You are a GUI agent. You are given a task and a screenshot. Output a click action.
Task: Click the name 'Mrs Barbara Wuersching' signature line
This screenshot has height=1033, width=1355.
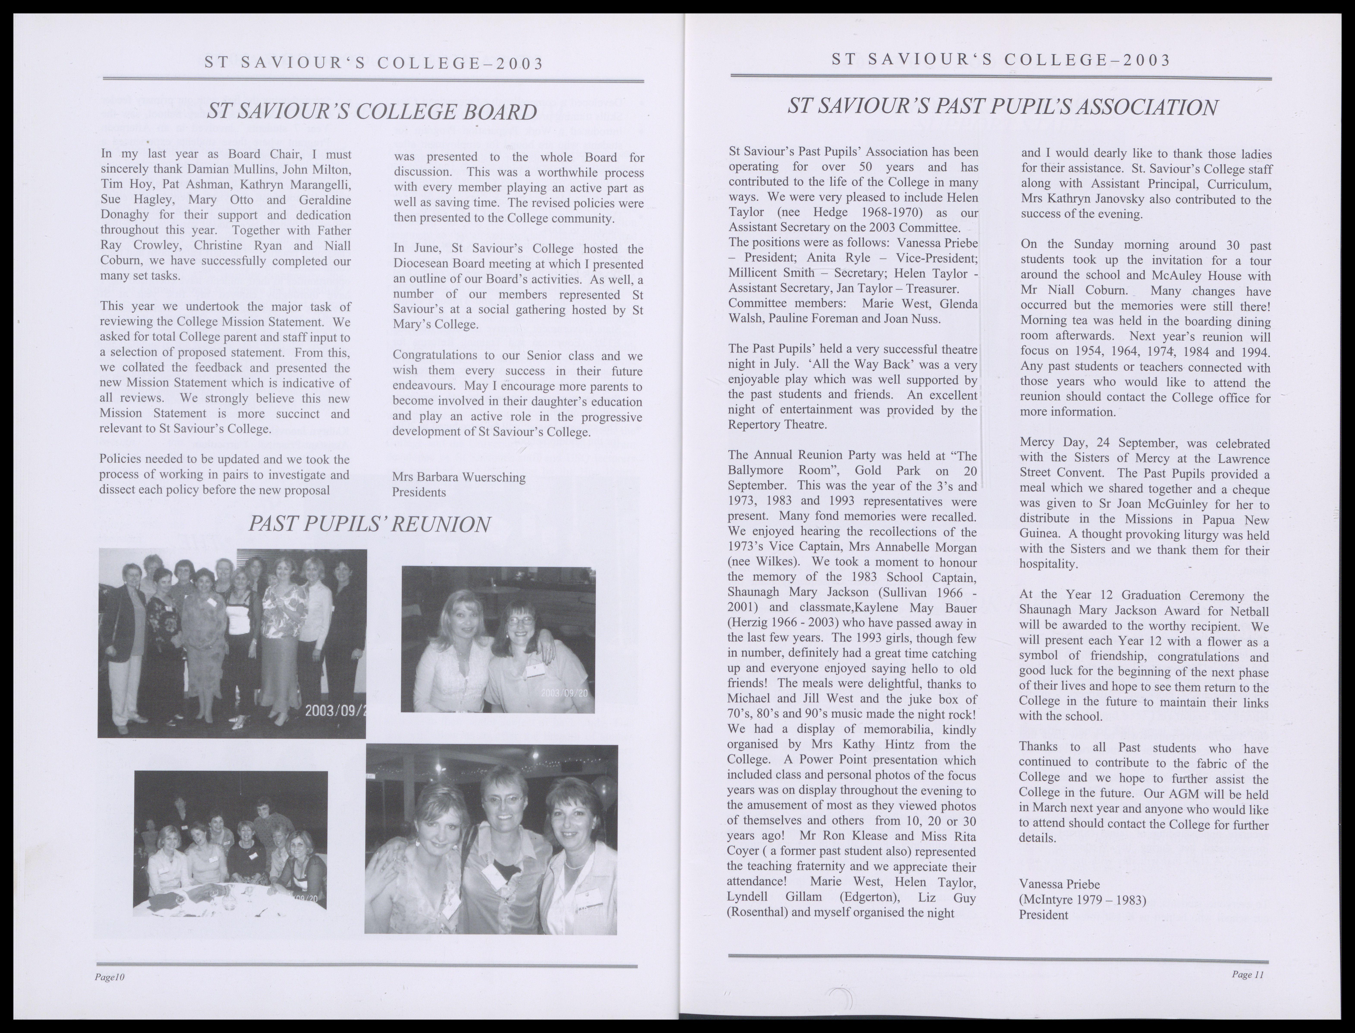pyautogui.click(x=458, y=477)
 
